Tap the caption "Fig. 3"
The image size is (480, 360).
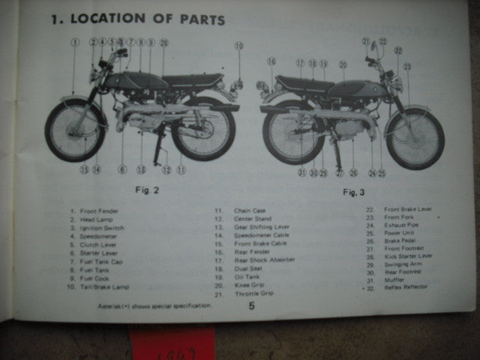(x=352, y=193)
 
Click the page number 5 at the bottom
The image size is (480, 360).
(x=251, y=305)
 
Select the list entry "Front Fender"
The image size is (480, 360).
(x=97, y=211)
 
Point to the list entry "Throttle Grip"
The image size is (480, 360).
(x=253, y=294)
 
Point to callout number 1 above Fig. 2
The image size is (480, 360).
(x=74, y=43)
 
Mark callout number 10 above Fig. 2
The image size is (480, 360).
(x=238, y=46)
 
